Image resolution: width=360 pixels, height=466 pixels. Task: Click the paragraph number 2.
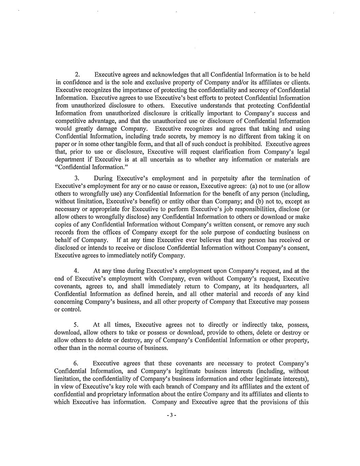(x=77, y=75)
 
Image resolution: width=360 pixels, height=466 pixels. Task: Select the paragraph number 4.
(x=76, y=271)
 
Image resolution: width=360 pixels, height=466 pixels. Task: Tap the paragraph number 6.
(x=76, y=363)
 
